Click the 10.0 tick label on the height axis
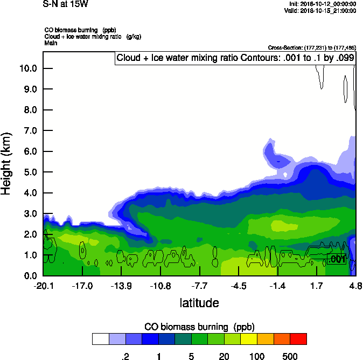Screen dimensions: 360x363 point(27,68)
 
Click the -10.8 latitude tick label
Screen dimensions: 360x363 point(160,285)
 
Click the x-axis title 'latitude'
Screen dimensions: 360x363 point(199,303)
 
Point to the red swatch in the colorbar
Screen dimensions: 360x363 point(298,338)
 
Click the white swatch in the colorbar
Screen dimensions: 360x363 point(100,338)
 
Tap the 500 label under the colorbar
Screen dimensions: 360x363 point(290,356)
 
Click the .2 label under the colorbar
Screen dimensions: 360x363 point(125,356)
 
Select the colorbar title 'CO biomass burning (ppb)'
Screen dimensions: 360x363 point(199,327)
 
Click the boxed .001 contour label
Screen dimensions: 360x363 point(337,260)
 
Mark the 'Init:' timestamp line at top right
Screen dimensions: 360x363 point(322,4)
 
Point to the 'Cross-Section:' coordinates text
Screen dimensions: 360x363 point(312,47)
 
